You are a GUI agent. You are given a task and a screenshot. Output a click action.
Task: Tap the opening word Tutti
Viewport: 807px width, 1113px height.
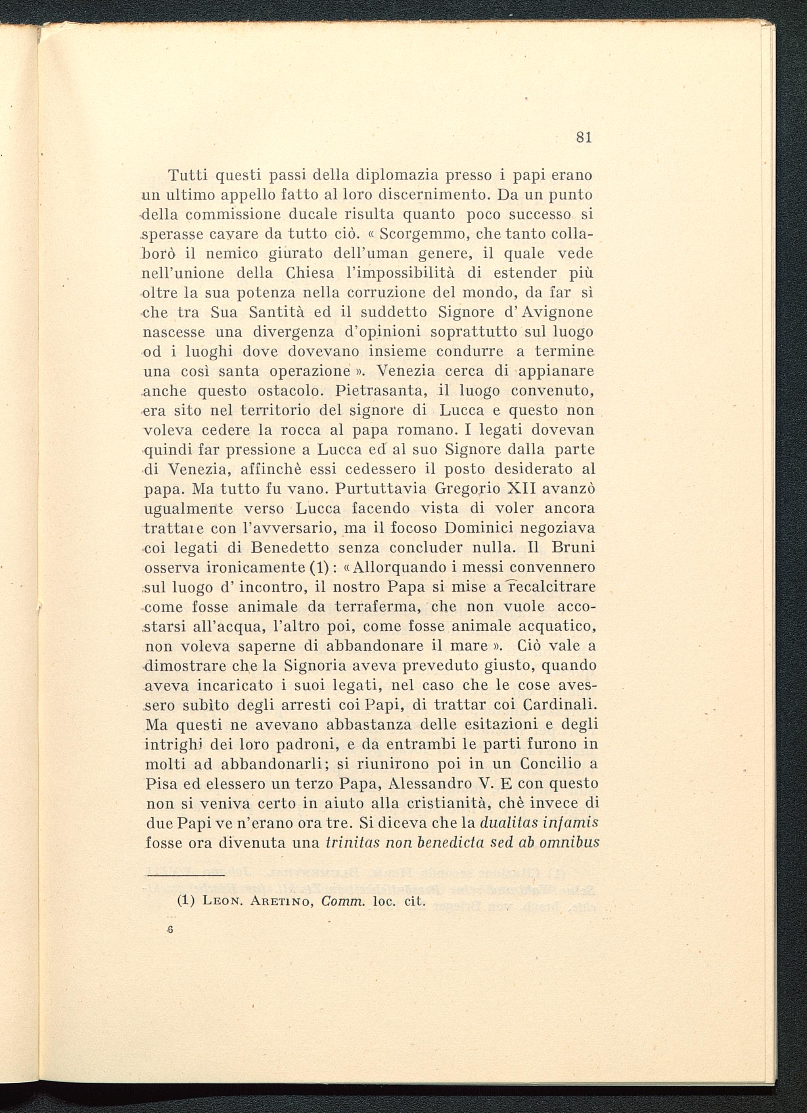[x=188, y=175]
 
